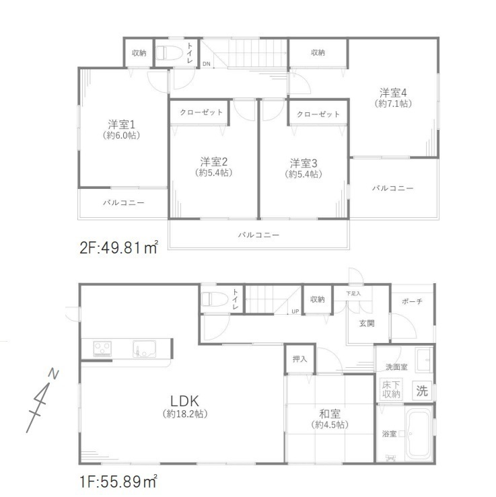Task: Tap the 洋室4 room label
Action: [x=393, y=93]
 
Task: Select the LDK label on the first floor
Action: [x=184, y=401]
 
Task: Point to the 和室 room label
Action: [x=330, y=414]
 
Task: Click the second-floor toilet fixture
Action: [x=169, y=53]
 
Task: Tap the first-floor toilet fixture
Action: [x=215, y=299]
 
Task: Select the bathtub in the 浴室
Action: [x=419, y=433]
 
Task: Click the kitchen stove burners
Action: [x=102, y=348]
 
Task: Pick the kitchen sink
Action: [x=144, y=349]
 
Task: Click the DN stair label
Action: [x=207, y=64]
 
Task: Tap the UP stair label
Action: [x=295, y=311]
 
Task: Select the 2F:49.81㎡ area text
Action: [x=118, y=248]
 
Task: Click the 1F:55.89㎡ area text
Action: [x=118, y=482]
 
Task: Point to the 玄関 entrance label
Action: [x=367, y=323]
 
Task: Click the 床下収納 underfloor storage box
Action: [x=391, y=389]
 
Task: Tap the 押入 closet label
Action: [x=299, y=359]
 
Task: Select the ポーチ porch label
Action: [x=412, y=301]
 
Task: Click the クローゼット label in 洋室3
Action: [x=318, y=114]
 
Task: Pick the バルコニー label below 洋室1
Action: [x=124, y=202]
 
